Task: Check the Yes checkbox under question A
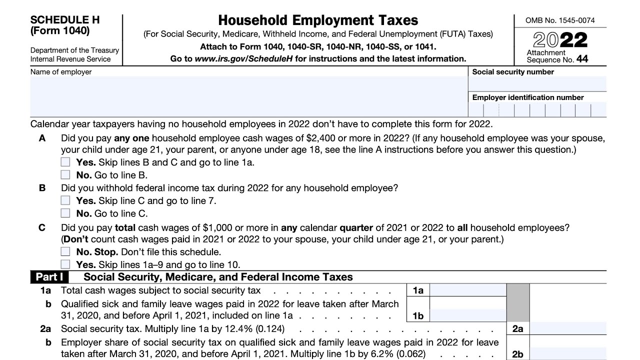pos(65,162)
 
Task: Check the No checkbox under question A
pos(65,175)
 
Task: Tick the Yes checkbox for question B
pos(65,200)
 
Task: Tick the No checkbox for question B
pos(65,213)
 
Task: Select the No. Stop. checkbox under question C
pos(65,252)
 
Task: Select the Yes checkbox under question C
pos(65,264)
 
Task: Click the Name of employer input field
pos(248,96)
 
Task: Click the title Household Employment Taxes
pos(318,20)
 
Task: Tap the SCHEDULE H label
pos(65,20)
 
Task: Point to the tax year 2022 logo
pos(560,40)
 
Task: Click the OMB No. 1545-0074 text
pos(560,20)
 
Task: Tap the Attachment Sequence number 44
pos(582,59)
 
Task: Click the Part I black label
pos(49,277)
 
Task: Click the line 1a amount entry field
pos(468,290)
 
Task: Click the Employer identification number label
pos(528,97)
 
